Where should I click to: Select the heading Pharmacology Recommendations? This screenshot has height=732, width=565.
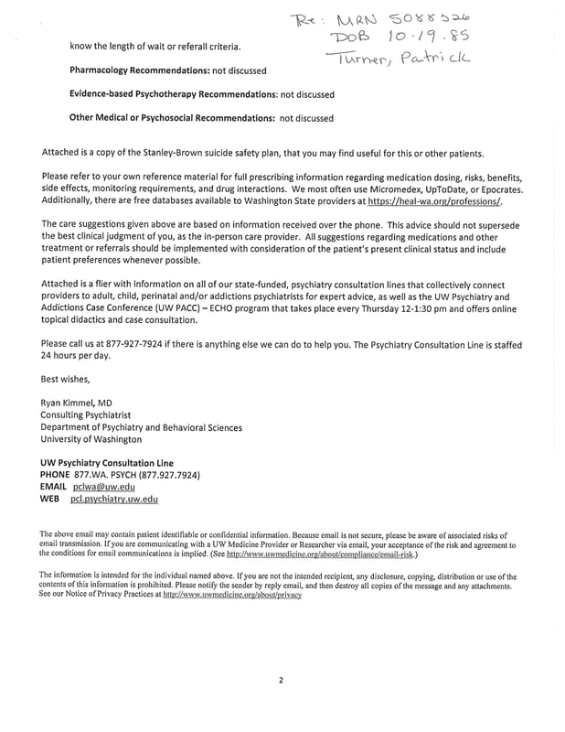click(x=151, y=70)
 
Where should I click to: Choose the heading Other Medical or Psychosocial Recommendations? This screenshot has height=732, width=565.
click(x=172, y=118)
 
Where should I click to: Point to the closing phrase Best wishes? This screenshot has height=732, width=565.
click(x=68, y=377)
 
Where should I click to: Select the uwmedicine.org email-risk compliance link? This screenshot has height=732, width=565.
click(x=320, y=554)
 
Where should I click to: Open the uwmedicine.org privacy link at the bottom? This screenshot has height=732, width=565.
click(x=231, y=594)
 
